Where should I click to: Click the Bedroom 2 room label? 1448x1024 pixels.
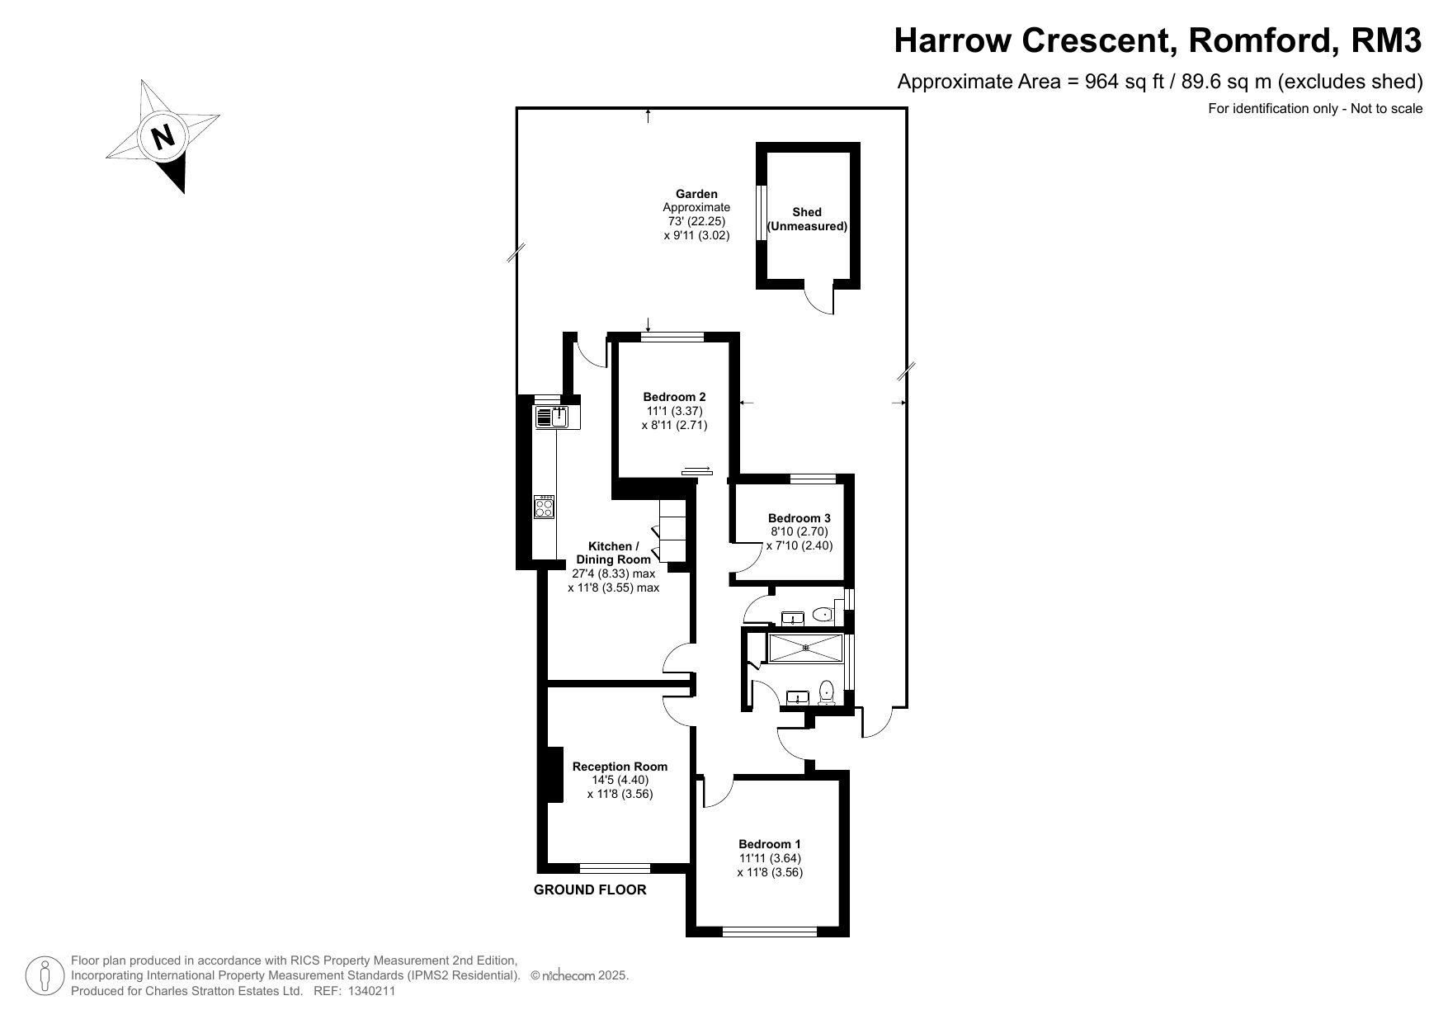tap(674, 396)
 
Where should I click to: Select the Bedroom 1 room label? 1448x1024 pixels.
tap(770, 844)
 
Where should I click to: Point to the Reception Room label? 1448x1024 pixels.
tap(620, 767)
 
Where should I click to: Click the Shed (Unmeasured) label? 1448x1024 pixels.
tap(807, 219)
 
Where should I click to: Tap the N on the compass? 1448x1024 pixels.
tap(164, 135)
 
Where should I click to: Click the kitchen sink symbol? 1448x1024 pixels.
tap(558, 418)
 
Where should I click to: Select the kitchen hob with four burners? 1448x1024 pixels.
tap(545, 507)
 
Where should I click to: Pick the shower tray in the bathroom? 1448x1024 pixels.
tap(805, 648)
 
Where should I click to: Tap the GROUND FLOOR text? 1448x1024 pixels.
tap(590, 890)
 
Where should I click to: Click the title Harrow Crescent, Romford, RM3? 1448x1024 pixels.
tap(1158, 40)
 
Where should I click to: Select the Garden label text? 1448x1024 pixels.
tap(696, 195)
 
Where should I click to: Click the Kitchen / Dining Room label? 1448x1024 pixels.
tap(613, 553)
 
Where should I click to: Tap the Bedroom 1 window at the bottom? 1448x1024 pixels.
tap(770, 932)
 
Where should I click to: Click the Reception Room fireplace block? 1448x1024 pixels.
tap(554, 774)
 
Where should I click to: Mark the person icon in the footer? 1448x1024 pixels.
tap(45, 976)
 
